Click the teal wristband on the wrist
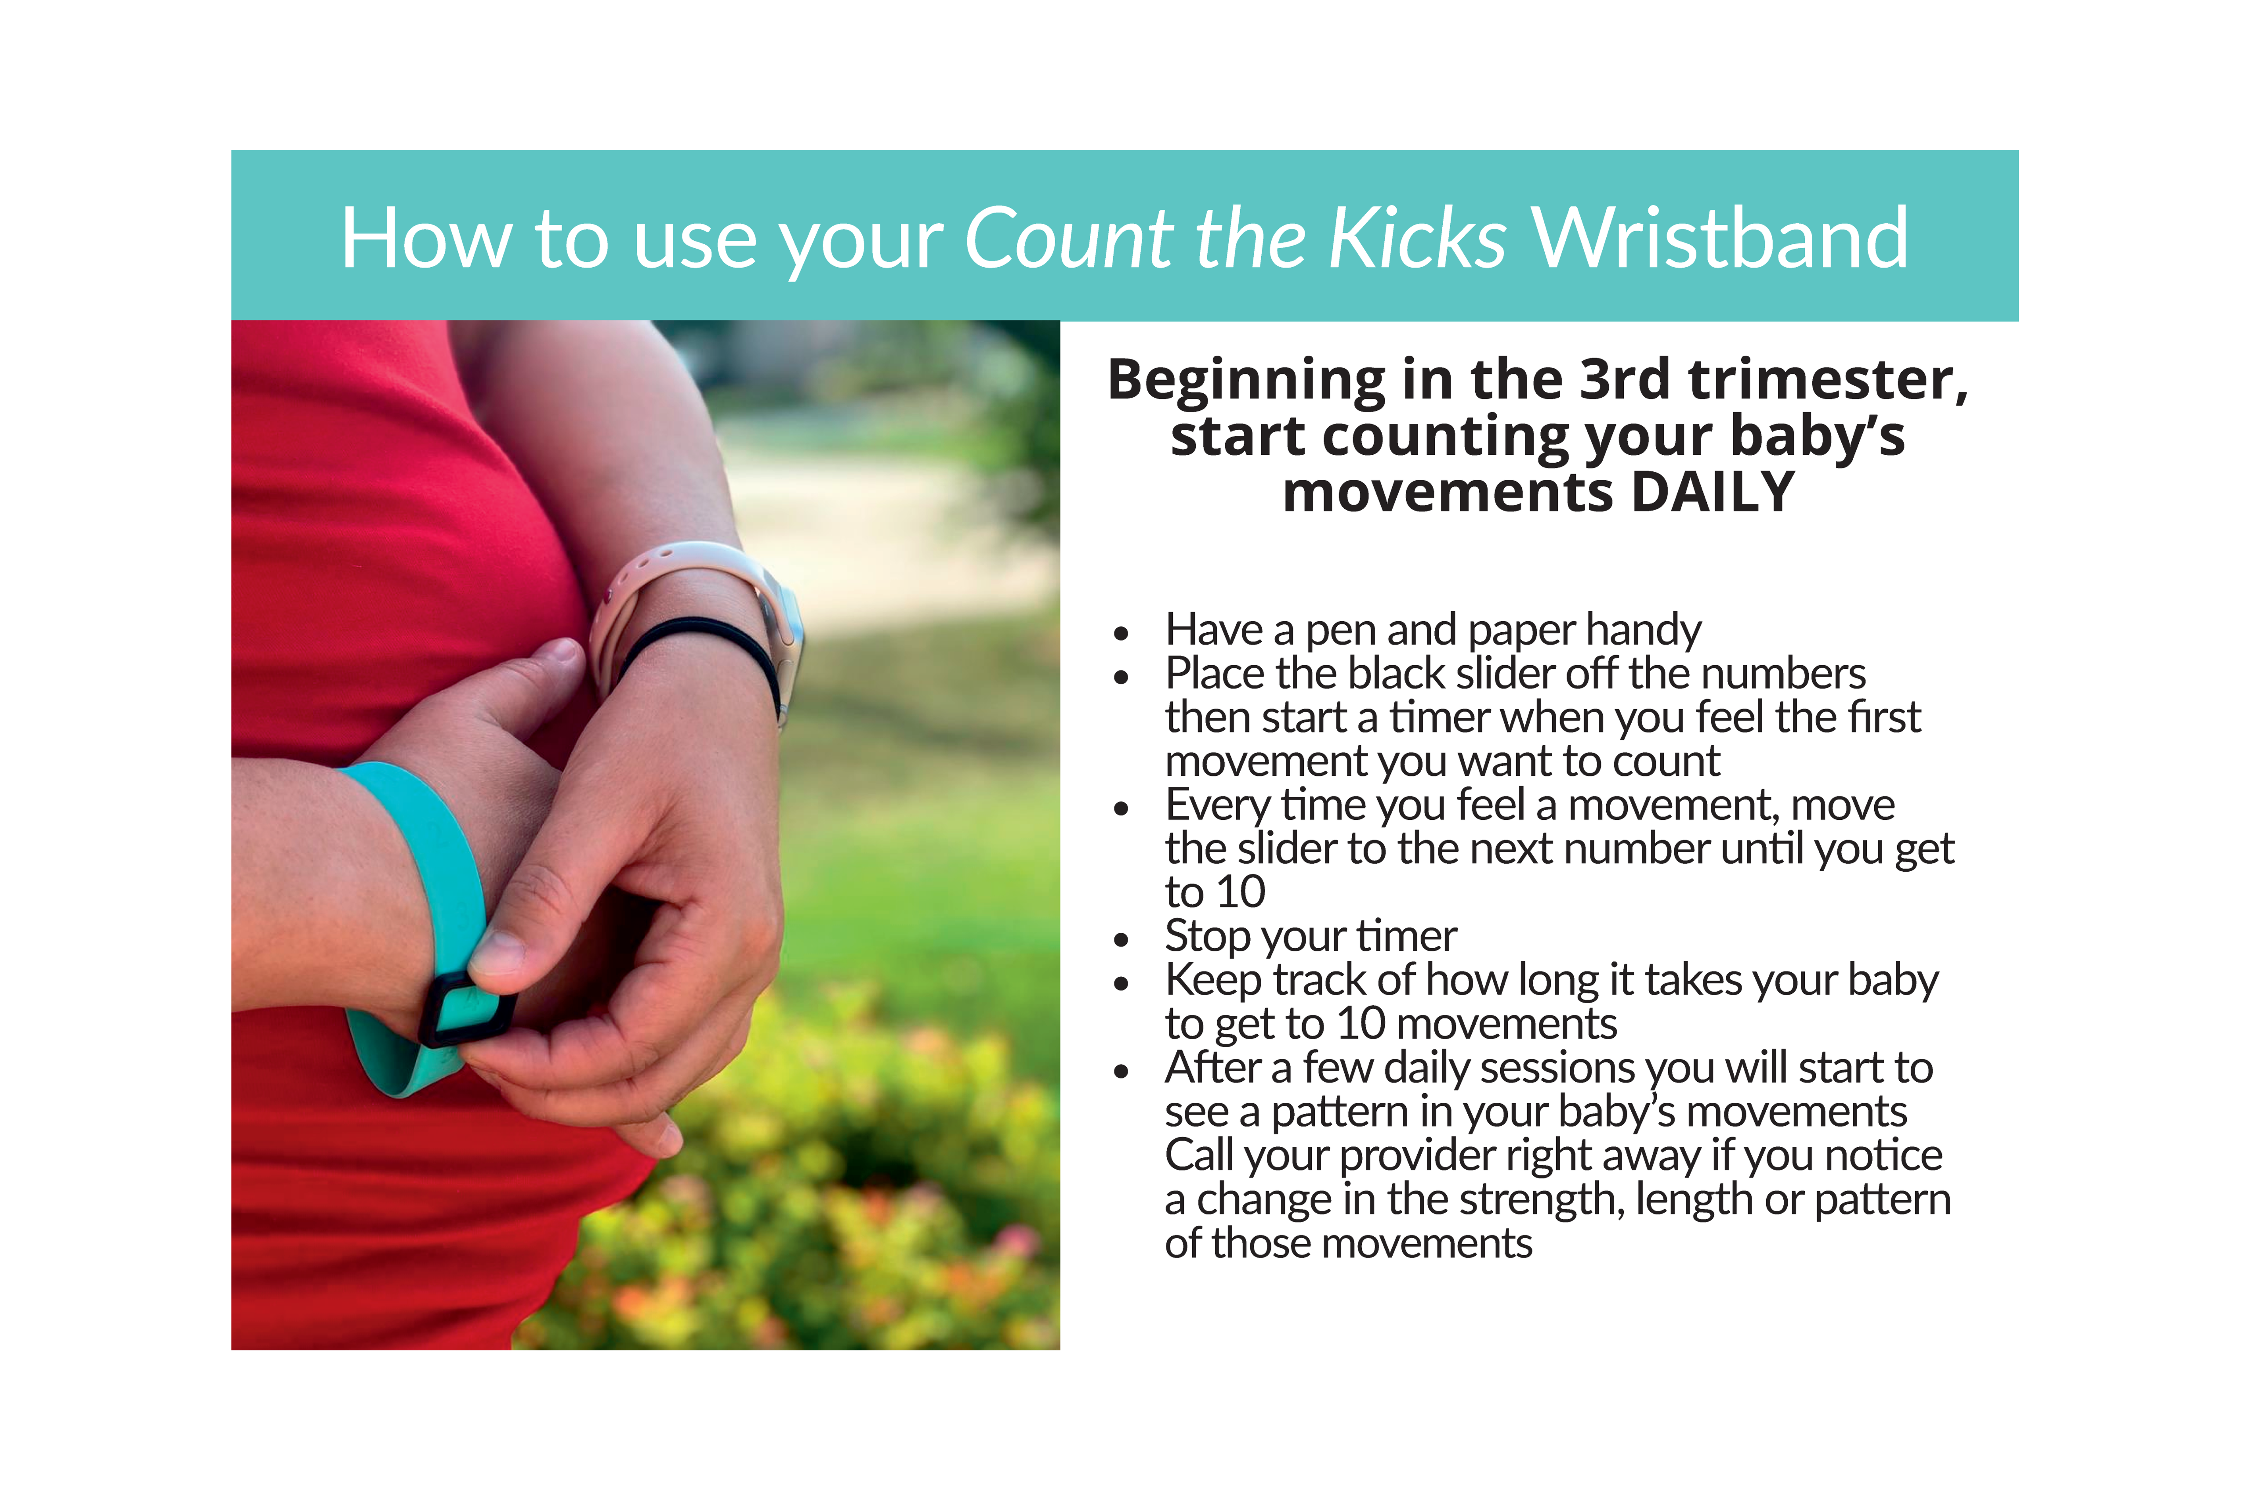click(421, 861)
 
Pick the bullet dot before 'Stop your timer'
click(1121, 939)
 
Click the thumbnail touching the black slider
click(497, 952)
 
